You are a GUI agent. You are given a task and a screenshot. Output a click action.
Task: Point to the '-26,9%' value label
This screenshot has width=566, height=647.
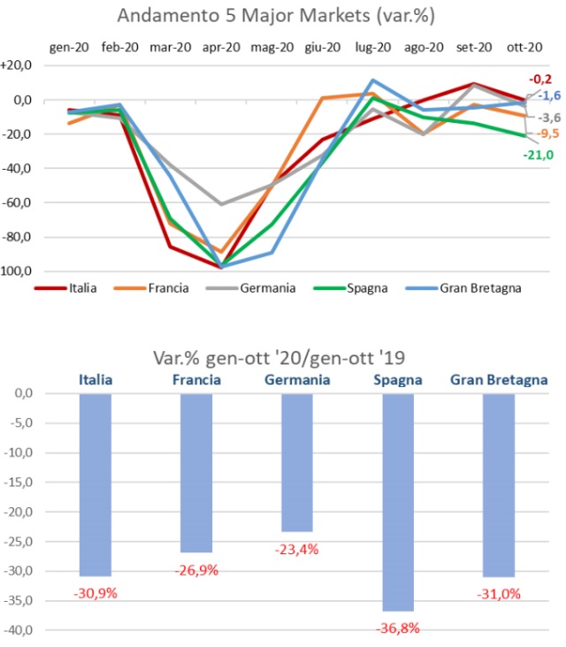196,568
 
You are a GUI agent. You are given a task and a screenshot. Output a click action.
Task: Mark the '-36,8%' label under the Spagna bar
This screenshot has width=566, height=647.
397,628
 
